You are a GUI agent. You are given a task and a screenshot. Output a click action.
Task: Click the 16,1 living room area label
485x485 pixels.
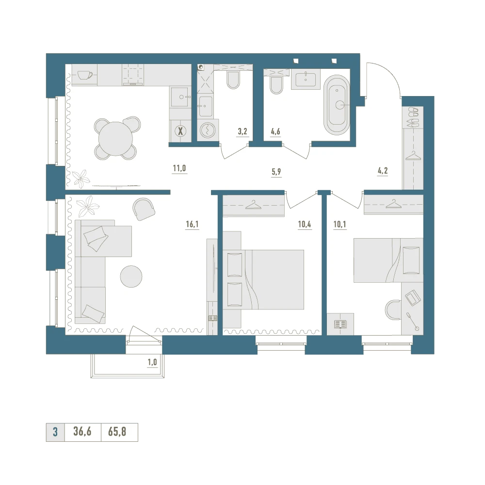point(192,224)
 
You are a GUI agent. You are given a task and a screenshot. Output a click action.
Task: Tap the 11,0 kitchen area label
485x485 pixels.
point(179,169)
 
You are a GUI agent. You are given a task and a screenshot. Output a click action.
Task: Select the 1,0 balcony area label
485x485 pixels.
point(152,362)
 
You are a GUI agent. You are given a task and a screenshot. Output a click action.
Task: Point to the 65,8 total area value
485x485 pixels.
point(117,432)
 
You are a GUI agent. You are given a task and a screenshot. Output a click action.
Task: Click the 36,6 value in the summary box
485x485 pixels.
point(82,432)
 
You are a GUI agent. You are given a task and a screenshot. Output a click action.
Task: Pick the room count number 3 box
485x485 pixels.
point(55,432)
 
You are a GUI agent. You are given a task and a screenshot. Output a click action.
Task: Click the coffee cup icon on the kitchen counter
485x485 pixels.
point(85,75)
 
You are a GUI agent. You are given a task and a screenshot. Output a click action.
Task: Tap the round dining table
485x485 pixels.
point(116,139)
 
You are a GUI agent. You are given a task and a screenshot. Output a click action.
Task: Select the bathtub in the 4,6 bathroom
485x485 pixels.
point(337,105)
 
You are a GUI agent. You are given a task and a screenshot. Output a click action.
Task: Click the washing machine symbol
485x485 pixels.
point(208,130)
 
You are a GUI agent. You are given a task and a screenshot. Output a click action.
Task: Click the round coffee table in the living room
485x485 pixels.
point(131,276)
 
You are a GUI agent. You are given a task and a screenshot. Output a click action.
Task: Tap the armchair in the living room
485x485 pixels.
point(144,209)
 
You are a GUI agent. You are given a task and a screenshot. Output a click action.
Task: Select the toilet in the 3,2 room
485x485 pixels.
point(233,80)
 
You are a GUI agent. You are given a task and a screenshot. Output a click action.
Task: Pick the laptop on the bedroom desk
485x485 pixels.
point(413,297)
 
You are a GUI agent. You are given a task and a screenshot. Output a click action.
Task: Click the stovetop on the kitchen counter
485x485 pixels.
point(133,75)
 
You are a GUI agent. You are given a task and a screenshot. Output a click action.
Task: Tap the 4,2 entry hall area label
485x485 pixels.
point(383,171)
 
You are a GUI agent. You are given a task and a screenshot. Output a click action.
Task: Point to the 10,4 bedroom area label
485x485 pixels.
point(305,224)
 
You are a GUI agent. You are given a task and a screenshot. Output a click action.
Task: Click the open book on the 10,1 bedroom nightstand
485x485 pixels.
point(340,324)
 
